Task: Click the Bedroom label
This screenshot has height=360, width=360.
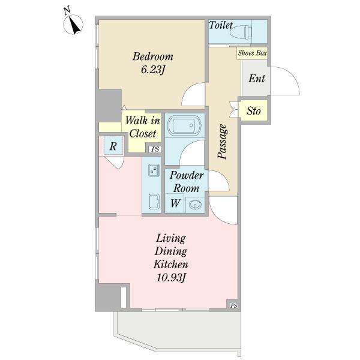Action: [x=152, y=57]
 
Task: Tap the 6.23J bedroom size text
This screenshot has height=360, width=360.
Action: [x=153, y=70]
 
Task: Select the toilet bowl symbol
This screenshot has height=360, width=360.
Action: [x=241, y=31]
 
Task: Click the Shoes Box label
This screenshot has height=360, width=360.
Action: [x=252, y=53]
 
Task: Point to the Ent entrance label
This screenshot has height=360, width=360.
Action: [x=257, y=79]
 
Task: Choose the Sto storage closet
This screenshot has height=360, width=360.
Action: [x=253, y=111]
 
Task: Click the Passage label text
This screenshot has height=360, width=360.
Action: [x=222, y=142]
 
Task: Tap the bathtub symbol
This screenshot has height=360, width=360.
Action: [x=185, y=125]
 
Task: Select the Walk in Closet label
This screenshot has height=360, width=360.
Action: [x=143, y=127]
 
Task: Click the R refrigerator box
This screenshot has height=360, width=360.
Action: [x=113, y=146]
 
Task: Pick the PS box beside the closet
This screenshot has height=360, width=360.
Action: [x=155, y=149]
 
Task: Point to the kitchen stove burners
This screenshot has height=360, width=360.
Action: [x=154, y=170]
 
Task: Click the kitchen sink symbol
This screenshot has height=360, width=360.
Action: [x=154, y=202]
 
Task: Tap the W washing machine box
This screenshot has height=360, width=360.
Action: [x=175, y=203]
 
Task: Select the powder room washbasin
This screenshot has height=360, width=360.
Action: [x=195, y=204]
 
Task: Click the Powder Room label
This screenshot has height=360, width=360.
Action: [x=187, y=182]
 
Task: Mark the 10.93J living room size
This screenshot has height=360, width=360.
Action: [x=171, y=278]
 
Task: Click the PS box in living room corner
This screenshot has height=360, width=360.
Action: [x=234, y=305]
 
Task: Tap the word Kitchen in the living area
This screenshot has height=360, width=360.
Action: [x=171, y=264]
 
